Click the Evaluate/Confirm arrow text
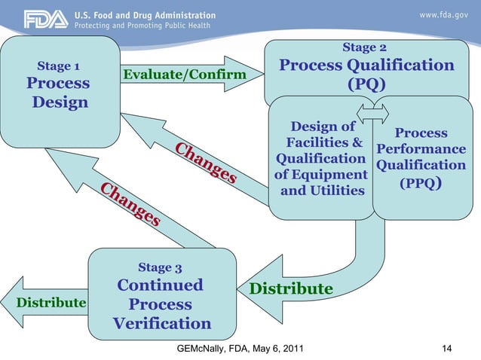pos(185,75)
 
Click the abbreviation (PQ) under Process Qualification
pos(366,84)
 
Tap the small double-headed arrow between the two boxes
pos(373,113)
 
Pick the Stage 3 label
pos(160,267)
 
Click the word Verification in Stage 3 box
pos(162,324)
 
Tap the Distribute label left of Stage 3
pos(51,303)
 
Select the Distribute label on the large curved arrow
pos(291,289)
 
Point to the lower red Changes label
pos(130,205)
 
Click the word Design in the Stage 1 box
pos(60,102)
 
